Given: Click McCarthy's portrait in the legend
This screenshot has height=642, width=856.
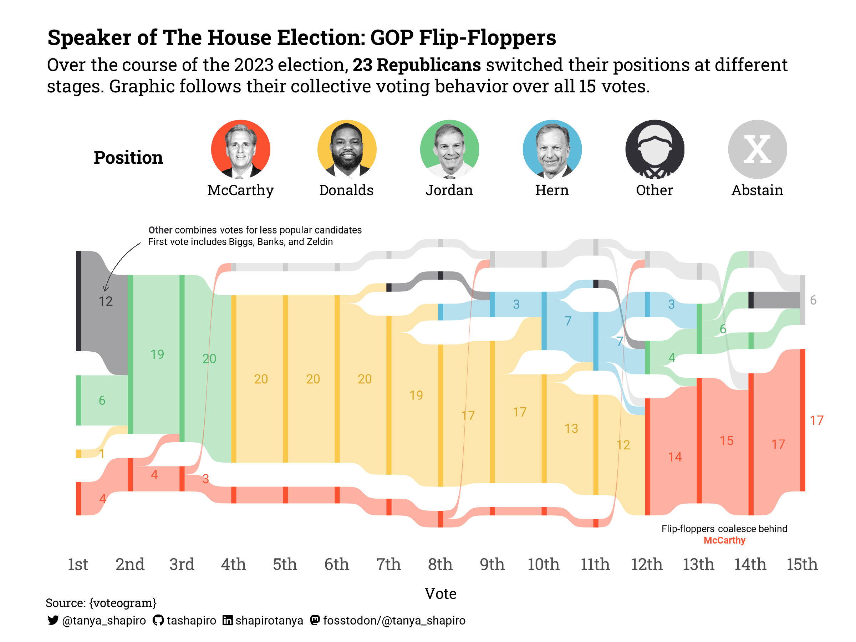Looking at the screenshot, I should pyautogui.click(x=240, y=149).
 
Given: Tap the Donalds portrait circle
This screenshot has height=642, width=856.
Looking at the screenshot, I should pyautogui.click(x=347, y=149).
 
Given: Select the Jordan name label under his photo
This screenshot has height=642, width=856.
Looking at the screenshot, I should pyautogui.click(x=449, y=190).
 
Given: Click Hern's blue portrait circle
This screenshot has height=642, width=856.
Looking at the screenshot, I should pyautogui.click(x=552, y=149).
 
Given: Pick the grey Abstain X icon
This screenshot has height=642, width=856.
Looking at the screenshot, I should pyautogui.click(x=757, y=149).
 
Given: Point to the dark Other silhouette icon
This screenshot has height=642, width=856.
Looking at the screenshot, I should pyautogui.click(x=655, y=149).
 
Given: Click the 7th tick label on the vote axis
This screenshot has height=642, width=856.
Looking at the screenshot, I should pyautogui.click(x=388, y=564).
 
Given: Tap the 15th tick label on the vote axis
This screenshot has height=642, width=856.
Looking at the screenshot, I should pyautogui.click(x=802, y=564).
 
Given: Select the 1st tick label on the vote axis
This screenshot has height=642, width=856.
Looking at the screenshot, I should pyautogui.click(x=78, y=564).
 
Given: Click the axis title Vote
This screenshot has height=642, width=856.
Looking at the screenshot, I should pyautogui.click(x=440, y=593).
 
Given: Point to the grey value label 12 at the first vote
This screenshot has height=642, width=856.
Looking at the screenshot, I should pyautogui.click(x=105, y=301).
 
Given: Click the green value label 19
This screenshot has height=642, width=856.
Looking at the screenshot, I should pyautogui.click(x=157, y=354).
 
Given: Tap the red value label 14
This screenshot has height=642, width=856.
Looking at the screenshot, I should pyautogui.click(x=675, y=457).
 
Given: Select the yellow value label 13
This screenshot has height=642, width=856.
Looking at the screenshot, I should pyautogui.click(x=571, y=428).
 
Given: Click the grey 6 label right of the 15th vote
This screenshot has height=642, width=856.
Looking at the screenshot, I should pyautogui.click(x=813, y=300).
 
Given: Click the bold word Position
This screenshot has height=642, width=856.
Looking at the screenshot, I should pyautogui.click(x=128, y=158).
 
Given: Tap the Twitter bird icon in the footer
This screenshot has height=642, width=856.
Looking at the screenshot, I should pyautogui.click(x=53, y=620).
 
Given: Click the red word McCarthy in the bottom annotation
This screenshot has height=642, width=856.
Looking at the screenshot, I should pyautogui.click(x=724, y=540).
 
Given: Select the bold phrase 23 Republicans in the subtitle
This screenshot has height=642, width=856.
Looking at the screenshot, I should pyautogui.click(x=416, y=65).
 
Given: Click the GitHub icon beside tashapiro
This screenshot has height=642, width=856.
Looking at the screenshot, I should pyautogui.click(x=158, y=620).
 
